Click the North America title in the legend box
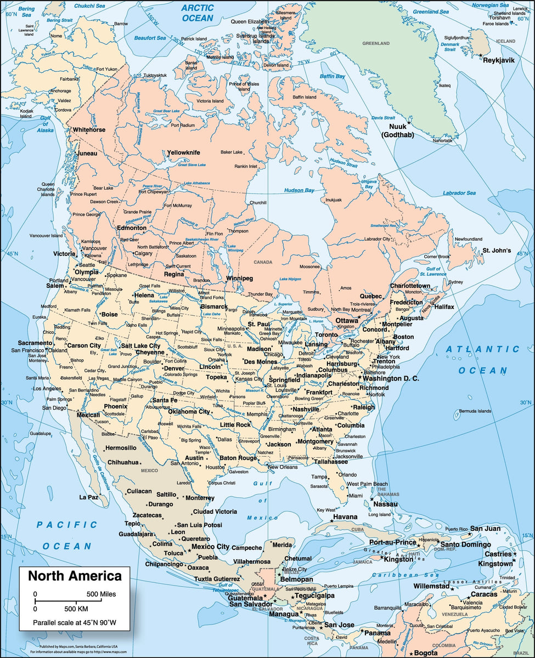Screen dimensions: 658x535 click(x=75, y=576)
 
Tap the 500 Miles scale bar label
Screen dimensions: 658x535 click(x=108, y=594)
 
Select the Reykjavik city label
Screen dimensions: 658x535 click(x=498, y=60)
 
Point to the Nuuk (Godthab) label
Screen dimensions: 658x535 click(x=398, y=131)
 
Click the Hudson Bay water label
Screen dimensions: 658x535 click(x=299, y=190)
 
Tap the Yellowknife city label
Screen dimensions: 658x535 click(x=183, y=152)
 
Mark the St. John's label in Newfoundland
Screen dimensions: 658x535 click(x=497, y=251)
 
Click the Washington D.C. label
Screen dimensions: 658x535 click(x=391, y=378)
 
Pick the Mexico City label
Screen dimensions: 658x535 click(x=210, y=546)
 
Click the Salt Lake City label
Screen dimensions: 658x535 click(x=140, y=346)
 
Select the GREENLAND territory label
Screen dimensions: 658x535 click(x=375, y=43)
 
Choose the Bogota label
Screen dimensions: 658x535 click(x=426, y=653)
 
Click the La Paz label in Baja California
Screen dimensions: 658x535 click(x=88, y=497)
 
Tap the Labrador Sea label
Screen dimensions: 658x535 click(x=459, y=193)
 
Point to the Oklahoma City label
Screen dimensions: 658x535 click(x=189, y=411)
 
